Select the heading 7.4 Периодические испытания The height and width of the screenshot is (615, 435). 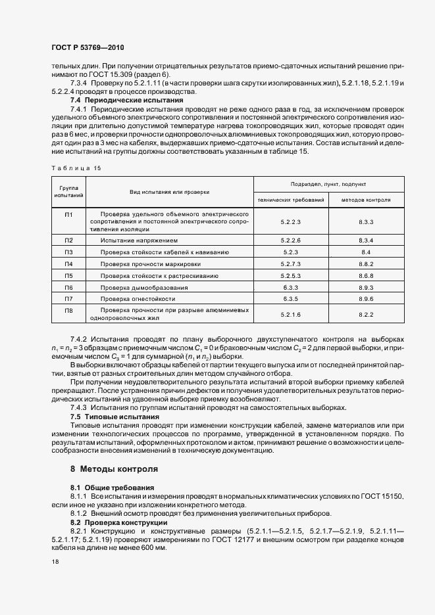click(118, 100)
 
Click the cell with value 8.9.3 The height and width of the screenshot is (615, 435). click(367, 287)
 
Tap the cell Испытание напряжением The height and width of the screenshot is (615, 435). click(139, 240)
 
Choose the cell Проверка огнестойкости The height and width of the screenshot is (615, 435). click(138, 299)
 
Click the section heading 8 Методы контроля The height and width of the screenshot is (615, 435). click(114, 470)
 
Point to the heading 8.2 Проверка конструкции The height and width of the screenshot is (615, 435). click(118, 522)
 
